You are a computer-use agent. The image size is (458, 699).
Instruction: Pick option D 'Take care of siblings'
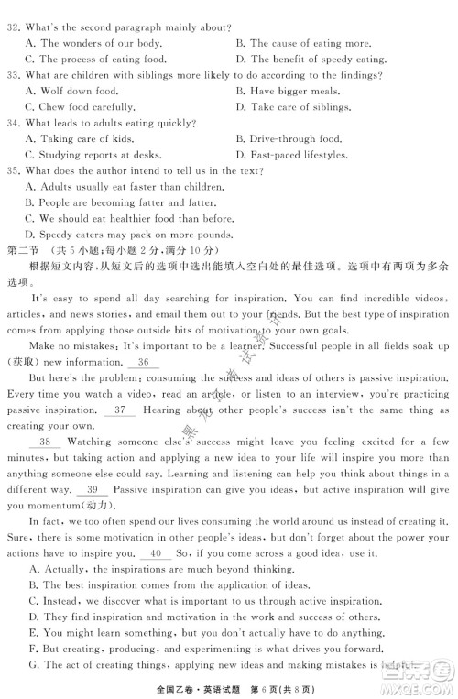299,106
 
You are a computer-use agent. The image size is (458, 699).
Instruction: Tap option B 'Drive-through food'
295,138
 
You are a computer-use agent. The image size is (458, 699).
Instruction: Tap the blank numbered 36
144,362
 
